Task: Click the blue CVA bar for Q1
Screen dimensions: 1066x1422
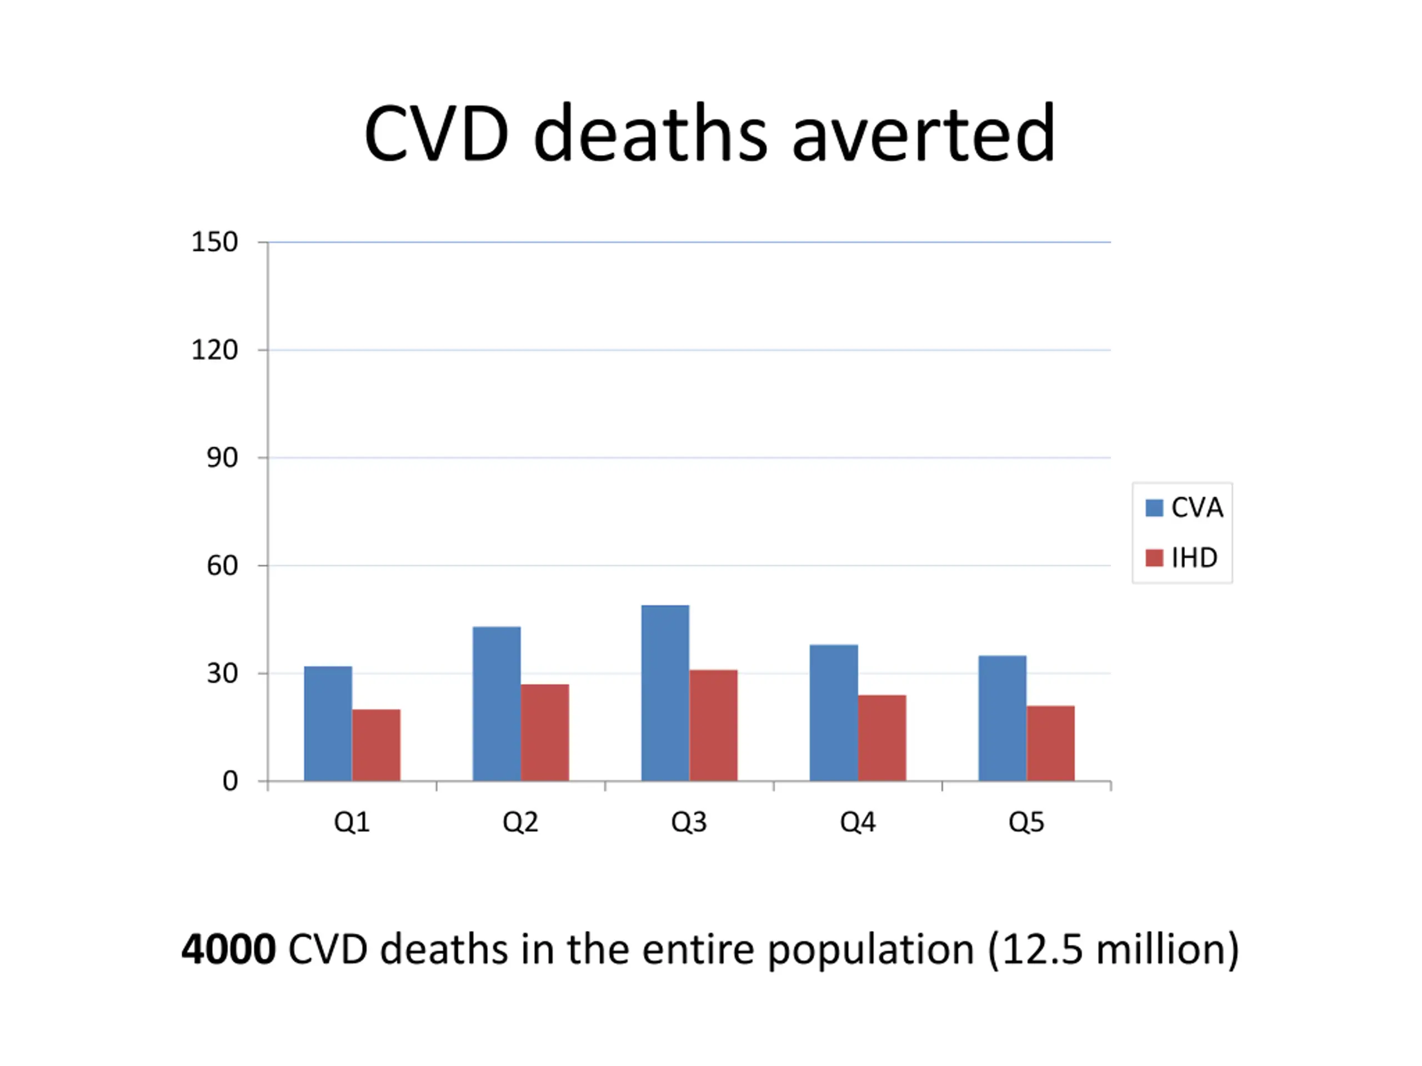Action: [x=328, y=723]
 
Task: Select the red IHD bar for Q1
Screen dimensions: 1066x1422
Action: [x=376, y=745]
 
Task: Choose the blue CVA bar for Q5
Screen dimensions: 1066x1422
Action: [x=1002, y=718]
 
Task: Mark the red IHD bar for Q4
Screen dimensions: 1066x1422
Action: [x=882, y=738]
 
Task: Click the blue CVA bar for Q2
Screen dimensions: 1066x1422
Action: [x=496, y=703]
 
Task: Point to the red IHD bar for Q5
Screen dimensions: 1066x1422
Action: [x=1050, y=743]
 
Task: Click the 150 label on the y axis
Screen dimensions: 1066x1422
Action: [x=215, y=242]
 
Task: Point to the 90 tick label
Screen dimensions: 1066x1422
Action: [x=222, y=458]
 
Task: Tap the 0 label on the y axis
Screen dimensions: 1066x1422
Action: [x=230, y=781]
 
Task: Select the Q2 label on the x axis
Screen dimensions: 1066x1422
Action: [x=520, y=822]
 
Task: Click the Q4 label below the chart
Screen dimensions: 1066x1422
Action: [x=858, y=822]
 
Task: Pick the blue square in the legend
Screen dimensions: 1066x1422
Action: [x=1155, y=507]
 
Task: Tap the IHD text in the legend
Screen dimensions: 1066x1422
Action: [x=1194, y=558]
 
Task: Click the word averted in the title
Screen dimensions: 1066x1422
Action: [x=923, y=135]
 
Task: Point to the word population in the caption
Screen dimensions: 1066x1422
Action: [x=871, y=951]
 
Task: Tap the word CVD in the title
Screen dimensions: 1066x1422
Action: [x=437, y=135]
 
